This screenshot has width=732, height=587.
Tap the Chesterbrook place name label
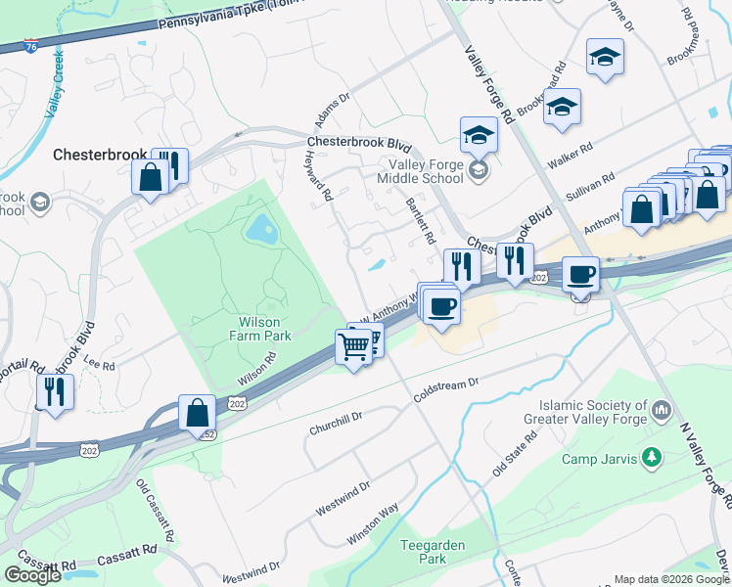[x=99, y=155]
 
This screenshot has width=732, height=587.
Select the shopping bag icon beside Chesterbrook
[x=150, y=178]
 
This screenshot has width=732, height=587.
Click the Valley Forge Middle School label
[x=425, y=172]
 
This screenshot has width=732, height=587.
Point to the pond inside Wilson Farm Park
[x=261, y=231]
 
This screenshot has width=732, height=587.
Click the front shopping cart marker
[x=353, y=345]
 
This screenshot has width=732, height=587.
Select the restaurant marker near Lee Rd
[x=54, y=393]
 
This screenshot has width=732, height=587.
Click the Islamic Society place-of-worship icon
[x=662, y=408]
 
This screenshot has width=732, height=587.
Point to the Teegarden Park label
[x=433, y=552]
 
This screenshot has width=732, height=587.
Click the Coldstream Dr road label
[x=448, y=389]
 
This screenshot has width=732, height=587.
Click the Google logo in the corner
[x=32, y=575]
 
